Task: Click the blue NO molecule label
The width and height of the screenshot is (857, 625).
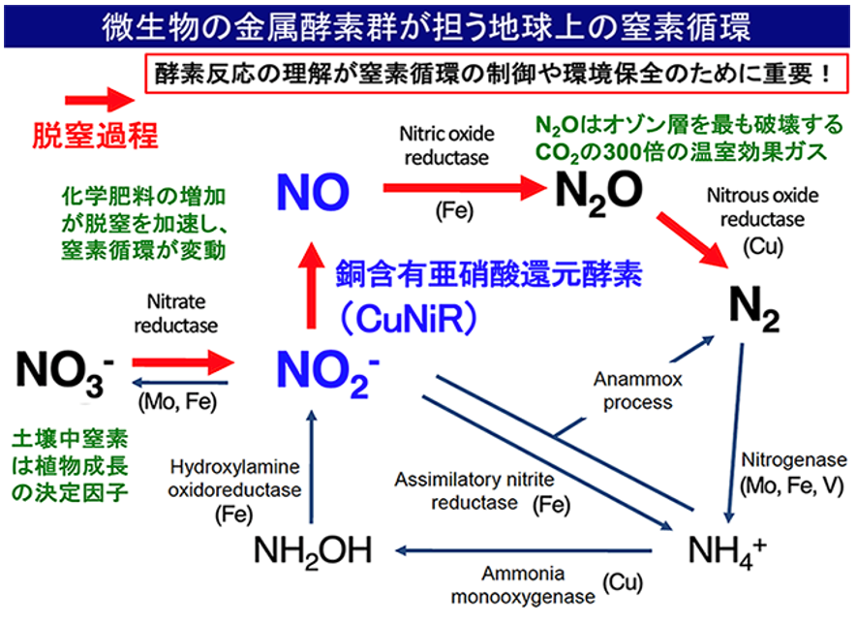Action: point(312,193)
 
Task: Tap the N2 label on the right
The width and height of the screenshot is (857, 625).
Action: point(753,312)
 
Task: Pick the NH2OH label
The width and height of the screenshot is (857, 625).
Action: point(312,550)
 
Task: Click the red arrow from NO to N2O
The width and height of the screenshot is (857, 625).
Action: point(463,190)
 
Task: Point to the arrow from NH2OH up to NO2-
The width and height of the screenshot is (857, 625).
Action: point(311,465)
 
